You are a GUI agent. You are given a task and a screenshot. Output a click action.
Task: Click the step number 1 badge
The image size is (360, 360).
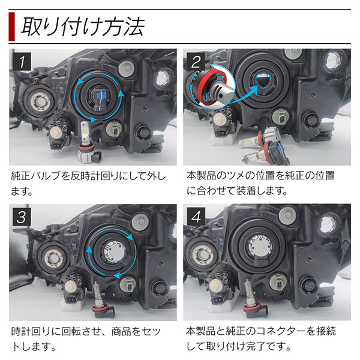[x=22, y=62]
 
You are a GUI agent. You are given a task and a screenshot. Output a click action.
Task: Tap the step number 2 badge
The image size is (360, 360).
[x=196, y=62]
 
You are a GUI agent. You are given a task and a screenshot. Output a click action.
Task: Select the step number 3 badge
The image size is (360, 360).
[x=22, y=217]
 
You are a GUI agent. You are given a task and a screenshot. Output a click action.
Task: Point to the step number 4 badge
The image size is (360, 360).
[x=196, y=217]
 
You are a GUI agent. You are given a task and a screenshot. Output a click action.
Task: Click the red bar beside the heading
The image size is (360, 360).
[x=12, y=26]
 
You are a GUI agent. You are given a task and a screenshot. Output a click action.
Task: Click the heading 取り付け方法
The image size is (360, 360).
[x=83, y=26]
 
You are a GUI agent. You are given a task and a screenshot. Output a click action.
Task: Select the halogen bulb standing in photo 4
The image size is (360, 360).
[x=252, y=298]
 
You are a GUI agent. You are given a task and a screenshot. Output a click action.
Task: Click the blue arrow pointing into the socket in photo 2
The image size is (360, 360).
[x=248, y=95]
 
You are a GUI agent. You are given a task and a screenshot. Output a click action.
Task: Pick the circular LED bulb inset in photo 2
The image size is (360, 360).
[x=212, y=86]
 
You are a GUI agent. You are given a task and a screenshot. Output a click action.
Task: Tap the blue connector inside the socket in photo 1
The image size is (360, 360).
[x=100, y=97]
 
